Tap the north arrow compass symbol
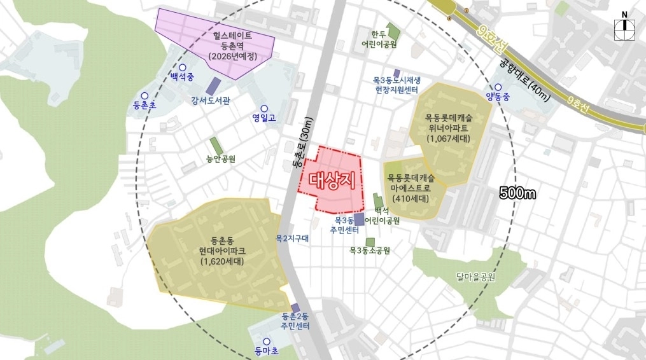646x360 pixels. [624, 24]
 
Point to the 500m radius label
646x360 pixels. [517, 193]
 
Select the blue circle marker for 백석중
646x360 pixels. [182, 67]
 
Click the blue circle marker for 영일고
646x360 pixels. [264, 108]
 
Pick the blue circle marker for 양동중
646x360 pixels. [498, 88]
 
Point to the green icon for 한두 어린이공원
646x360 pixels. [393, 32]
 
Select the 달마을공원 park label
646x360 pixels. [475, 277]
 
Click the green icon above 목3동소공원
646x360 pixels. [370, 241]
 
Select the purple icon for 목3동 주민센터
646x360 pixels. [359, 219]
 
